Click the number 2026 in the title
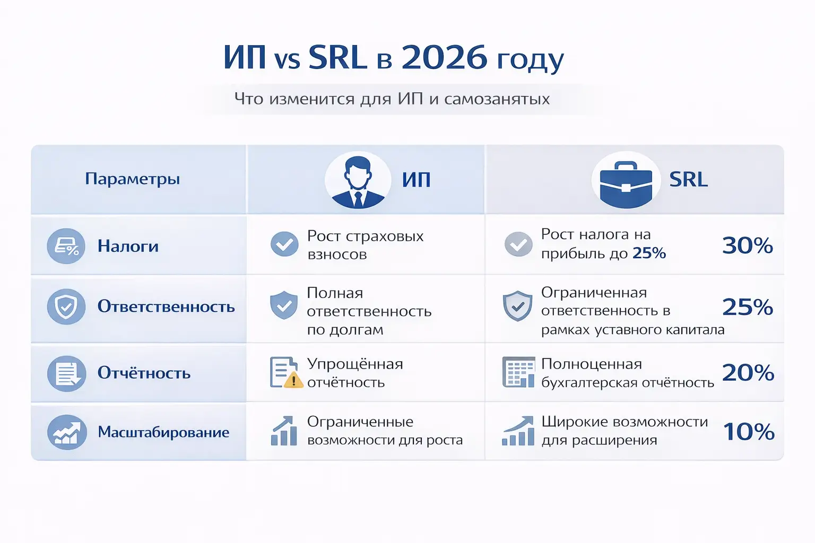click(444, 57)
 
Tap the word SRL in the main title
click(337, 57)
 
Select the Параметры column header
click(133, 179)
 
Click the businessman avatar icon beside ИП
click(358, 180)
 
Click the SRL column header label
click(688, 180)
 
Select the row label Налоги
click(128, 246)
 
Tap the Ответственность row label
click(166, 306)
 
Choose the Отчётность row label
click(144, 373)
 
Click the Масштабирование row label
click(163, 432)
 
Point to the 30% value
click(747, 246)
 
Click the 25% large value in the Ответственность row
click(747, 307)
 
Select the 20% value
click(748, 373)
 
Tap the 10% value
click(749, 432)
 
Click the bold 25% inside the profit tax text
click(649, 253)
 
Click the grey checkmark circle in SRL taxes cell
click(518, 244)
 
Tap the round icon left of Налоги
click(66, 247)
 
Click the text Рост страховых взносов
click(365, 245)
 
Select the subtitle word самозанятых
click(497, 99)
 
